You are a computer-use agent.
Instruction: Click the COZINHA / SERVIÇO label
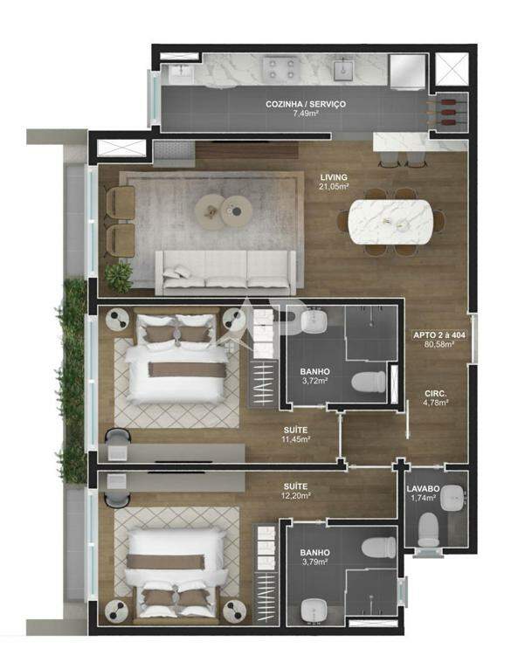[x=306, y=104]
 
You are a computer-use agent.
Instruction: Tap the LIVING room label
[x=334, y=177]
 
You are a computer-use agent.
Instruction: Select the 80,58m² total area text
[x=439, y=345]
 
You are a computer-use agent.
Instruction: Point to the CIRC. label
[x=436, y=394]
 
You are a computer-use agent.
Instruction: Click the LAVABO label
[x=423, y=489]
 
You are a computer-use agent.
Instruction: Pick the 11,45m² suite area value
[x=297, y=439]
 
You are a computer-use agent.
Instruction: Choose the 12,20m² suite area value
[x=296, y=496]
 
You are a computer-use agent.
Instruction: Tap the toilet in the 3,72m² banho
[x=369, y=382]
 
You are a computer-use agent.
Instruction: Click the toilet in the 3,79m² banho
[x=379, y=548]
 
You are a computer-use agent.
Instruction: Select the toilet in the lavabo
[x=428, y=529]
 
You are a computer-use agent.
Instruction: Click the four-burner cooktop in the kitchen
[x=280, y=68]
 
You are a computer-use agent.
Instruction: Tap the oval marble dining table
[x=390, y=222]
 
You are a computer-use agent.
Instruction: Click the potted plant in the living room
[x=119, y=277]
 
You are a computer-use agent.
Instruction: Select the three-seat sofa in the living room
[x=225, y=272]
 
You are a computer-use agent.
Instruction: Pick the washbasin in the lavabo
[x=453, y=497]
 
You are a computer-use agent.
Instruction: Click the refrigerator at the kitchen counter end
[x=406, y=72]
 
